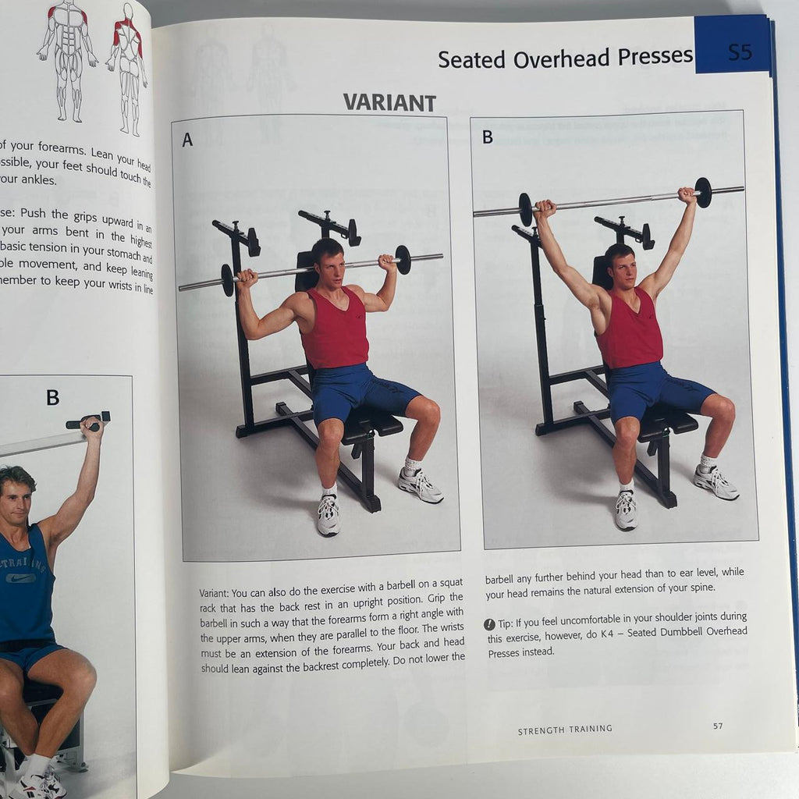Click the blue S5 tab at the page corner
[739, 53]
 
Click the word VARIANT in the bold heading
[389, 102]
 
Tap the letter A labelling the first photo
[187, 140]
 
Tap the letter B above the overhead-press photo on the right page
[487, 137]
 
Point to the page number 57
[718, 726]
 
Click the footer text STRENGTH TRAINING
[565, 730]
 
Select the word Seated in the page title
[470, 59]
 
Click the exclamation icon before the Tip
[489, 623]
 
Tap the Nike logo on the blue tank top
[21, 578]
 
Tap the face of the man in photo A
[330, 265]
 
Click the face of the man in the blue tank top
[16, 499]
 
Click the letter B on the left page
[52, 397]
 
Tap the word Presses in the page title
[654, 57]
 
